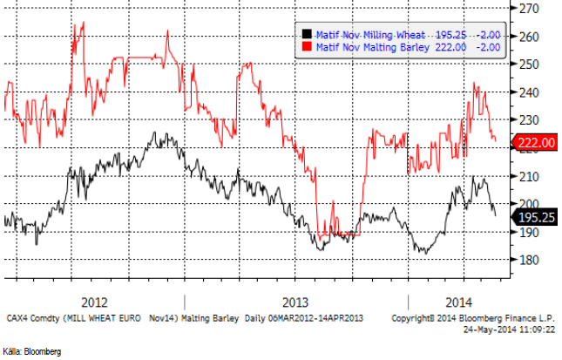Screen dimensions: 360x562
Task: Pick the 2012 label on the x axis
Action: click(x=94, y=302)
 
